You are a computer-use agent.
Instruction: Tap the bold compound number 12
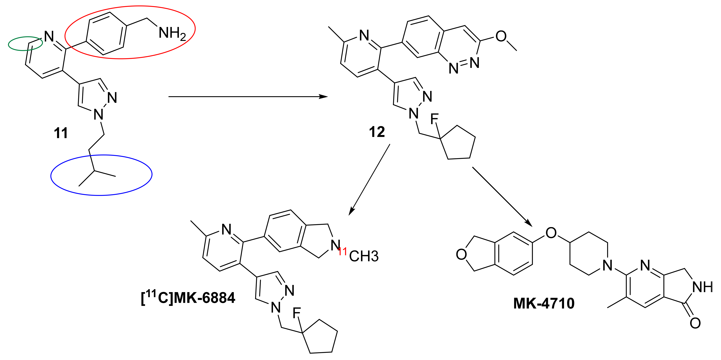(377, 132)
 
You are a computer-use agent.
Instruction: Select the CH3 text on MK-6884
(364, 256)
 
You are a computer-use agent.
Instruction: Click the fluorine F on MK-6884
(296, 313)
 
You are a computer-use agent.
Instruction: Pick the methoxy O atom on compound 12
(501, 36)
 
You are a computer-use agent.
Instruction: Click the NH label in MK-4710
(703, 287)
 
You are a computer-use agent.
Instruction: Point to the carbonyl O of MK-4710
(695, 323)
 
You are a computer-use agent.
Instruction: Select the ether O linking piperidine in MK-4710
(551, 233)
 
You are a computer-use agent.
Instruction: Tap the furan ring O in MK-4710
(461, 254)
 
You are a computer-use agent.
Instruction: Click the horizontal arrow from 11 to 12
(248, 97)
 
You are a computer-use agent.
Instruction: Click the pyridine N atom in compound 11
(49, 36)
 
